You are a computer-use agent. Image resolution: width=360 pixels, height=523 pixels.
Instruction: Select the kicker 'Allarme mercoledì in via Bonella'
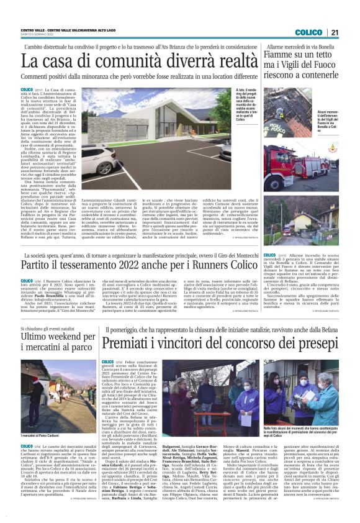(x=300, y=47)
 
